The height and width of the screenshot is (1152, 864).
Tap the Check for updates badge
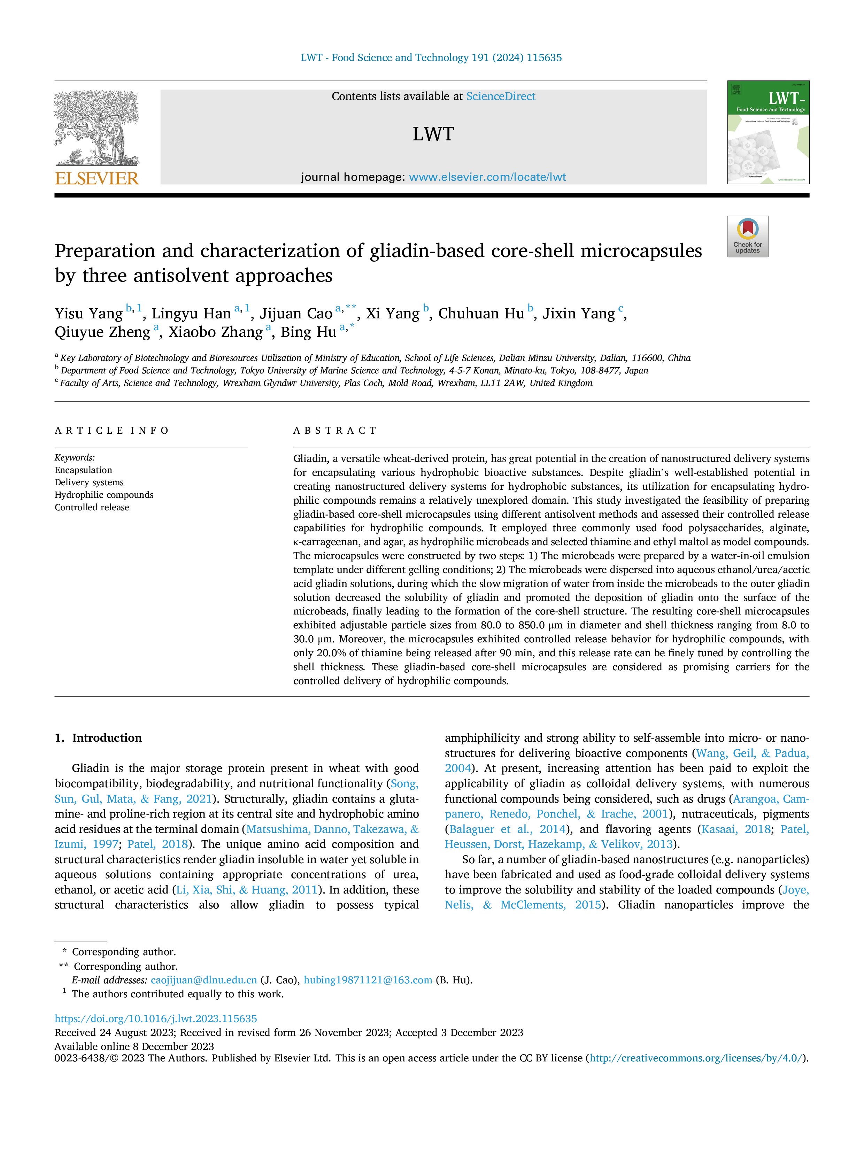[747, 237]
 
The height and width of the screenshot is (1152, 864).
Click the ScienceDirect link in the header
[501, 96]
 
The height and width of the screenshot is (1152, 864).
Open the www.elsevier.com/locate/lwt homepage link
[487, 177]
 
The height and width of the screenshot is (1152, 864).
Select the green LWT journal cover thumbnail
[768, 132]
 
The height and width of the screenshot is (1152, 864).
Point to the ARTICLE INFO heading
[112, 431]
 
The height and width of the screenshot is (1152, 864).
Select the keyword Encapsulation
[83, 470]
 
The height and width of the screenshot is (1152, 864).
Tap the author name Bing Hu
[308, 332]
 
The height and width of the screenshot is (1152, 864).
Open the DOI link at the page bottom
[156, 1019]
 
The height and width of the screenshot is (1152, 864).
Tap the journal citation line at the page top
[431, 58]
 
